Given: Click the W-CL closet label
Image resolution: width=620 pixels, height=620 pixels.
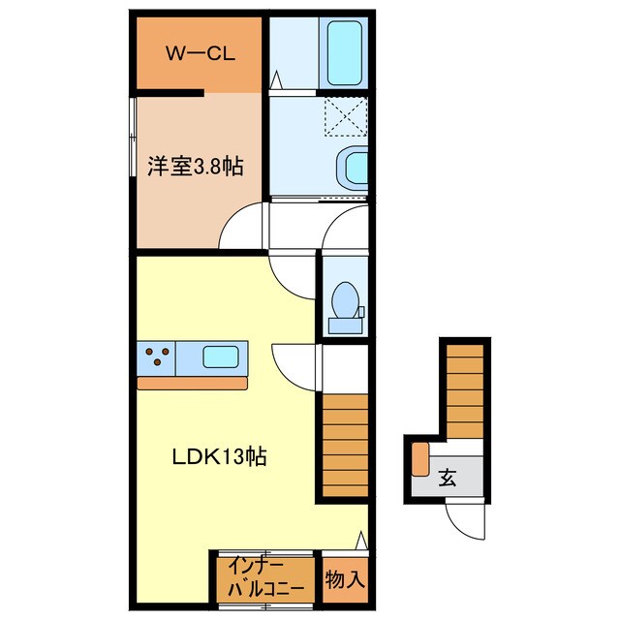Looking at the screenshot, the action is [x=201, y=54].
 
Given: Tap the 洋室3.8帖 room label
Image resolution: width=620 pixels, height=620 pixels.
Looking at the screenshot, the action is [x=196, y=166].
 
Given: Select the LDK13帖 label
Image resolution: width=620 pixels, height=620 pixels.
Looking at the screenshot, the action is [x=220, y=456].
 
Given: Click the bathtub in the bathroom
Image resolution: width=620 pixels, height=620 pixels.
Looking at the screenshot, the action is [x=345, y=53].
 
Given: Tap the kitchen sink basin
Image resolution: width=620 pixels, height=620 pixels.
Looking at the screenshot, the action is [x=221, y=356].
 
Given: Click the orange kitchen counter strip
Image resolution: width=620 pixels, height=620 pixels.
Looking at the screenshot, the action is [x=192, y=384].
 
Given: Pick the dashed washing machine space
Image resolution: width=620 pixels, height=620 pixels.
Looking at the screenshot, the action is [x=346, y=117].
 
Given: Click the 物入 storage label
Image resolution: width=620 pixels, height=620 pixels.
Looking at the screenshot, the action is [x=345, y=579].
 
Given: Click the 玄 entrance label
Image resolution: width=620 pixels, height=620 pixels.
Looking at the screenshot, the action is [x=448, y=478].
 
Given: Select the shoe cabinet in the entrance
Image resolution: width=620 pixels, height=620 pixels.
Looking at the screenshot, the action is [x=419, y=459].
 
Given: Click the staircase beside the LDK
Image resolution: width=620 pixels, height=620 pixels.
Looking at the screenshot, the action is [x=345, y=446].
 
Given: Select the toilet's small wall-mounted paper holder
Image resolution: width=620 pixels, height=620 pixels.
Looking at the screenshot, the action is [x=361, y=312].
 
